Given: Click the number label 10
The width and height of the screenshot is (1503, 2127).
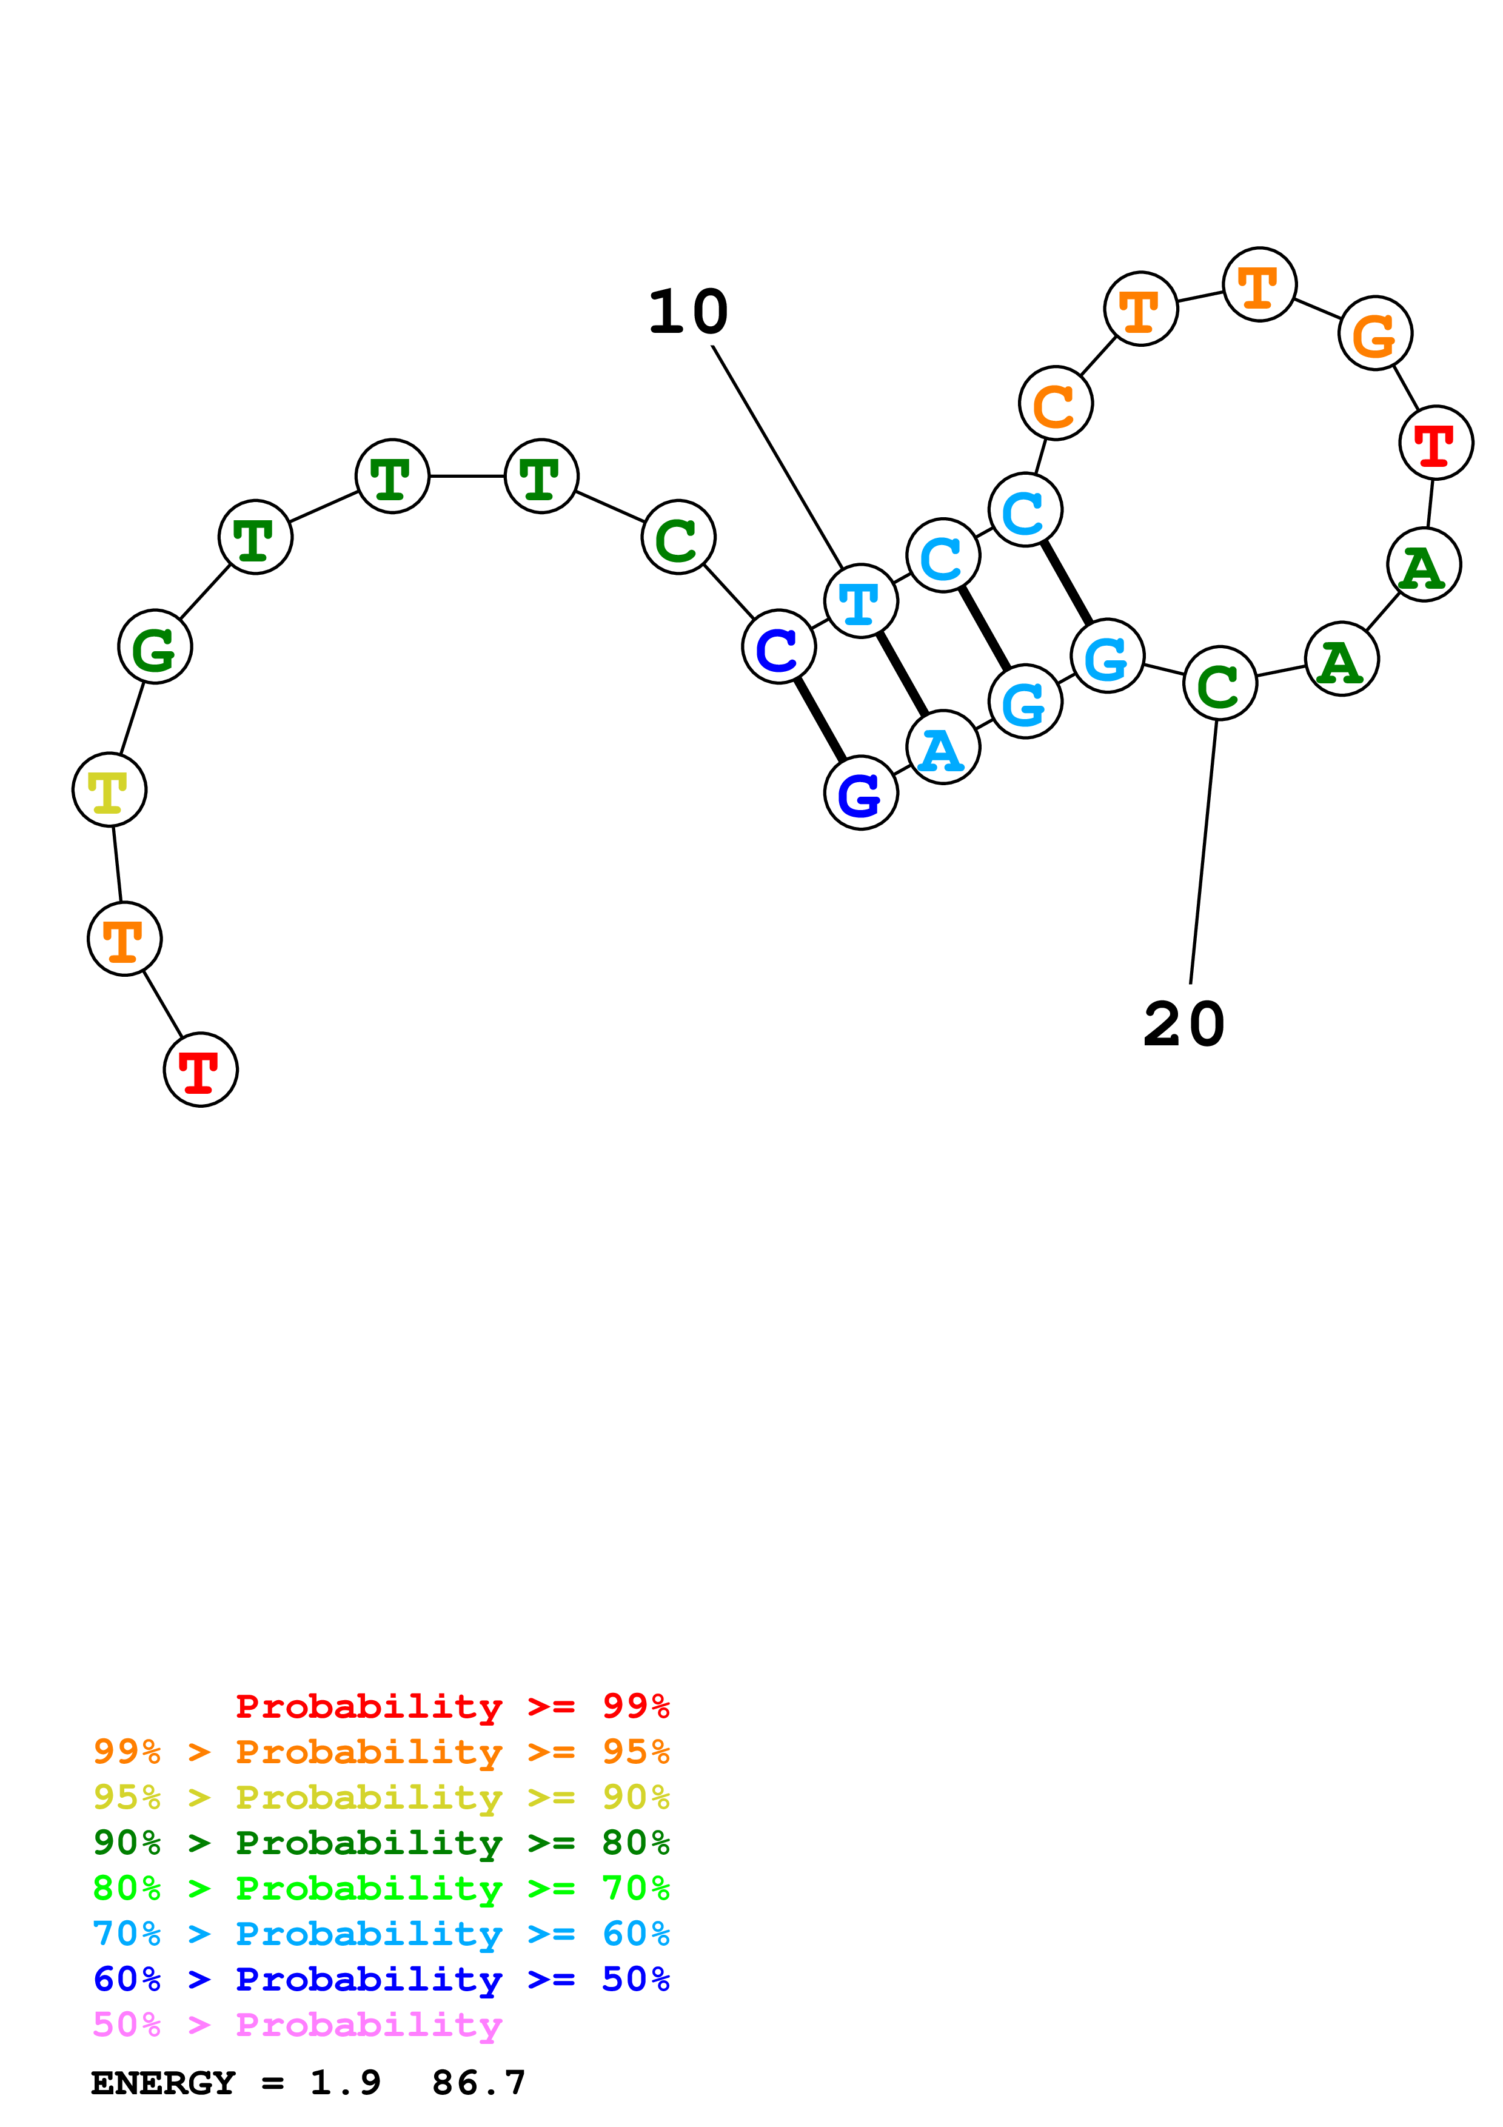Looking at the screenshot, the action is (x=688, y=312).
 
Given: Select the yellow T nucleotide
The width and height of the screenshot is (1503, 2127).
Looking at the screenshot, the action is (x=109, y=789).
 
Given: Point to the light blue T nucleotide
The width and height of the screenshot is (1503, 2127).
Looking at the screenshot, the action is (x=860, y=601).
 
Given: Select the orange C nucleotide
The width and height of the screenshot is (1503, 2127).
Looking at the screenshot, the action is (x=1055, y=403).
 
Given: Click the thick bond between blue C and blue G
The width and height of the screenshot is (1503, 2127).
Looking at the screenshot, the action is (x=820, y=720).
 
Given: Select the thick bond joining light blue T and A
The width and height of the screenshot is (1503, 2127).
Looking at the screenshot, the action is (x=902, y=674).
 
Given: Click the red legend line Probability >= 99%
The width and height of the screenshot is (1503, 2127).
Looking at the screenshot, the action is (x=452, y=1706).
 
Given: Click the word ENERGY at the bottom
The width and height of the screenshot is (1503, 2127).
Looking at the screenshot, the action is (x=163, y=2083).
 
